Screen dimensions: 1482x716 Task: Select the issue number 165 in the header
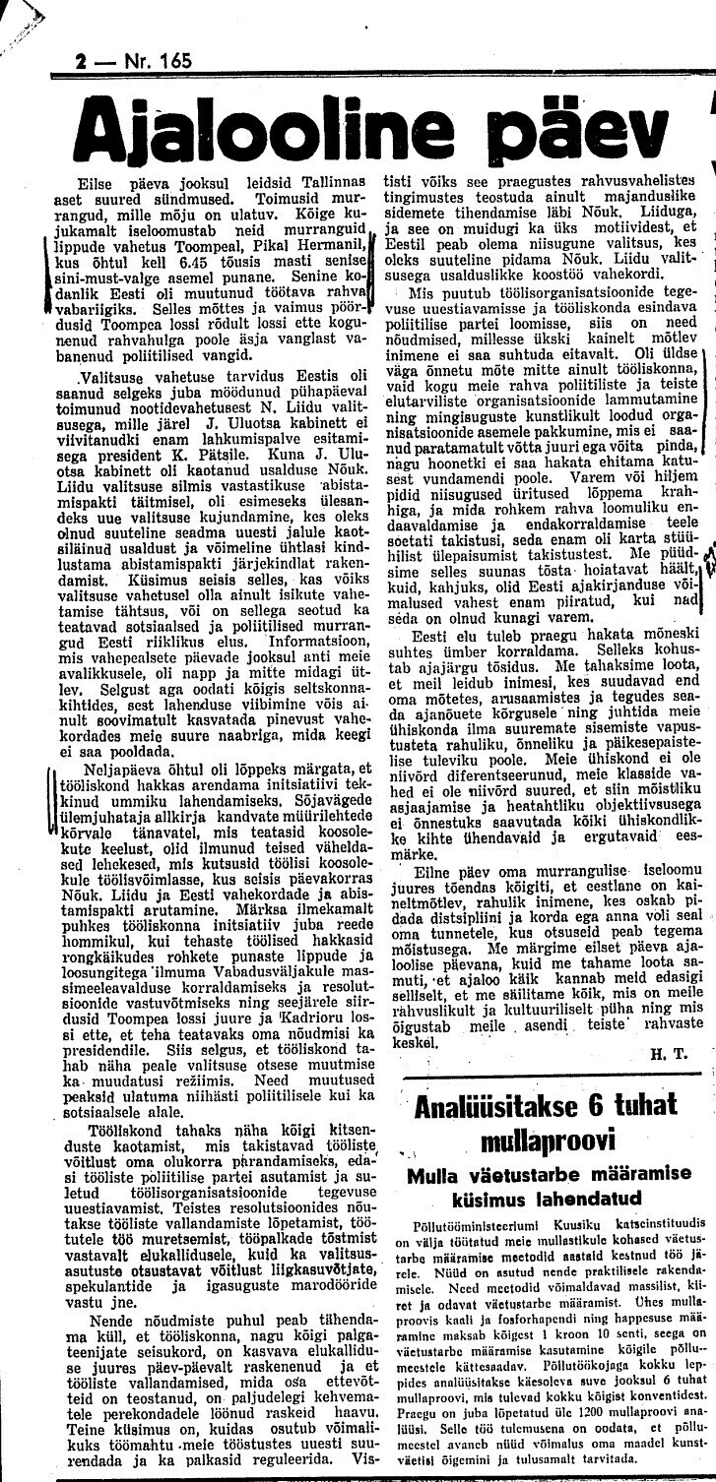pyautogui.click(x=171, y=61)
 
